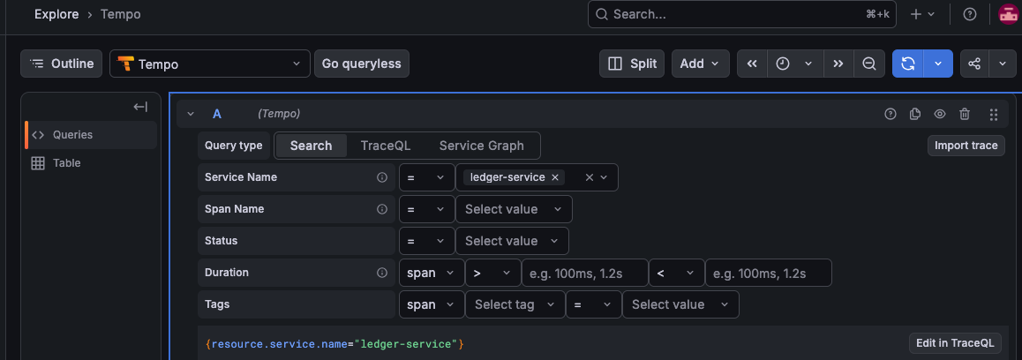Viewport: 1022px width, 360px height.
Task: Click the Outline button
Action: (61, 64)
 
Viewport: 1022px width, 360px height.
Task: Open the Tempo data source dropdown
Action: (210, 64)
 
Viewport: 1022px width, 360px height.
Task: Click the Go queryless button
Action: (362, 64)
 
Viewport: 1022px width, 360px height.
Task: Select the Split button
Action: (632, 64)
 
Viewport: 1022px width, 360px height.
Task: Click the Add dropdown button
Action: (699, 64)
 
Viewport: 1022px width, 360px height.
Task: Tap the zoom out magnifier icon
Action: (868, 64)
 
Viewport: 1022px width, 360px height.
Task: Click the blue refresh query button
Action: (908, 64)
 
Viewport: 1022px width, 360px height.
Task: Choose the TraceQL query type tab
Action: (385, 146)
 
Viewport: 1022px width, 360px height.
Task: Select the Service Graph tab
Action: (481, 146)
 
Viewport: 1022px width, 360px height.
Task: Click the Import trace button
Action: (966, 146)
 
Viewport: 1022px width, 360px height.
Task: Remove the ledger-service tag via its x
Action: (554, 177)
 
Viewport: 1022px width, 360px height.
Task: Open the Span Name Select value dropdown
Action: (514, 209)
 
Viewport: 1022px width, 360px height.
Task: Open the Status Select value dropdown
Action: (512, 241)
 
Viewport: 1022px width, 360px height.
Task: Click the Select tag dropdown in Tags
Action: (515, 304)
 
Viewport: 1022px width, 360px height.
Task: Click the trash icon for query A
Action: (965, 114)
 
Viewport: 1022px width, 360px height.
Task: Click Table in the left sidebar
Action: (66, 163)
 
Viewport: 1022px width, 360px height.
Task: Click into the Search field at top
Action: (741, 14)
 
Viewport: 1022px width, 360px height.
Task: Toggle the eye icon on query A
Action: (939, 114)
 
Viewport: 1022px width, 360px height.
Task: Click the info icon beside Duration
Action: (383, 273)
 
